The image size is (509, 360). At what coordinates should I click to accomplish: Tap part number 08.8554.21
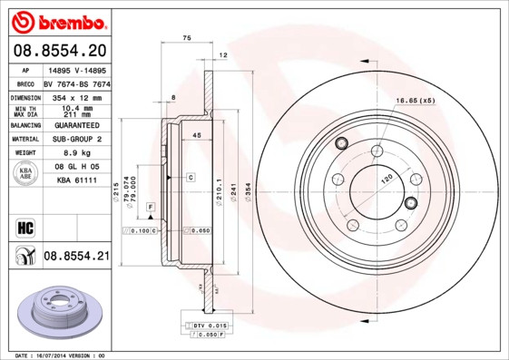pyautogui.click(x=75, y=258)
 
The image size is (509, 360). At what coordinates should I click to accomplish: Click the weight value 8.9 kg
pyautogui.click(x=77, y=154)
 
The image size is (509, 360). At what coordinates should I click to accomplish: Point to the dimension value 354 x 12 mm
pyautogui.click(x=77, y=97)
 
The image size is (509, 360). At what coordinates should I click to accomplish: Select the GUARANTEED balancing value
pyautogui.click(x=77, y=125)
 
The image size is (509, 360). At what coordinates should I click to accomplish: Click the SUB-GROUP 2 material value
pyautogui.click(x=77, y=140)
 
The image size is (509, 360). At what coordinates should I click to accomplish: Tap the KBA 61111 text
pyautogui.click(x=77, y=182)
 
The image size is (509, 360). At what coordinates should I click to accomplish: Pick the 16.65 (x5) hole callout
pyautogui.click(x=415, y=100)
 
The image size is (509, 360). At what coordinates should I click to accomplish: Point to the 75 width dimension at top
pyautogui.click(x=187, y=37)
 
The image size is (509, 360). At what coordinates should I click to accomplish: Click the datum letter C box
pyautogui.click(x=191, y=177)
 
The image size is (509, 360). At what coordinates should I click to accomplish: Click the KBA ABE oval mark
pyautogui.click(x=26, y=173)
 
